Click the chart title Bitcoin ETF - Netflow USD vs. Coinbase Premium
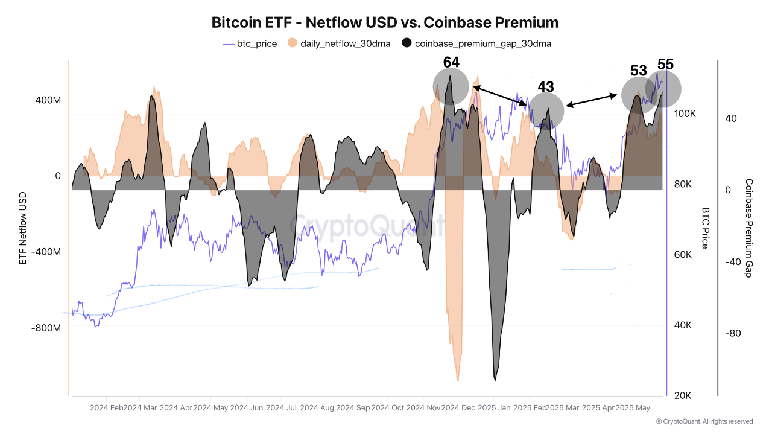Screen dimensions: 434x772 385,22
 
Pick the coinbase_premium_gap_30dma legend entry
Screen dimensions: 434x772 476,43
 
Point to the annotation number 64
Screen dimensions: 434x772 451,62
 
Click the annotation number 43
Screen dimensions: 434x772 546,87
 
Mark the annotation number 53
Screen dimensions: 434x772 639,71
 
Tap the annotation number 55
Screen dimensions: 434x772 665,65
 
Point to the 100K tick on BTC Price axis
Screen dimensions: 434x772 685,114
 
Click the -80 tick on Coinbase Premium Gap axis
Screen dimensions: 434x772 730,333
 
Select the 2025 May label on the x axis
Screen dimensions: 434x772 633,408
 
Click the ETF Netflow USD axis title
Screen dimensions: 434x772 23,228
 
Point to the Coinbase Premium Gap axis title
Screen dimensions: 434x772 749,228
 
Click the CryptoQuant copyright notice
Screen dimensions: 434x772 704,421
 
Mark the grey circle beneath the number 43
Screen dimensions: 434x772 546,110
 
